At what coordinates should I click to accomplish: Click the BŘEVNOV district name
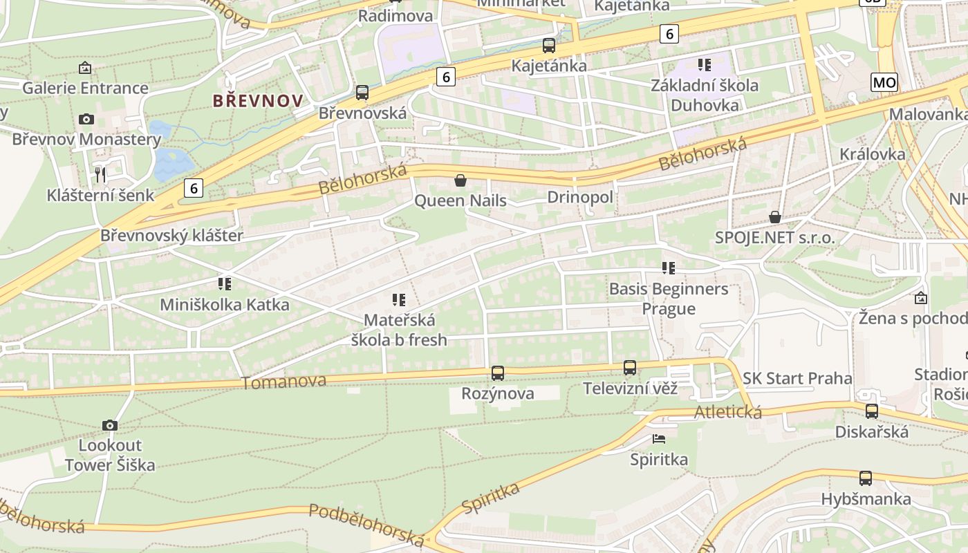[257, 101]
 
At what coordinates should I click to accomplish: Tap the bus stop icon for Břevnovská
[362, 93]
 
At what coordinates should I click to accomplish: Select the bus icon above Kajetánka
[549, 46]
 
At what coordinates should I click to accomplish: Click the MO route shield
[884, 83]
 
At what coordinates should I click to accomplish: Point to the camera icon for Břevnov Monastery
[86, 119]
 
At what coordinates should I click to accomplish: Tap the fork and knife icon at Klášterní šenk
[101, 175]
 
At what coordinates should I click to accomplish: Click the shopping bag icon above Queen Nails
[460, 181]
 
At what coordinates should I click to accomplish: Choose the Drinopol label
[580, 197]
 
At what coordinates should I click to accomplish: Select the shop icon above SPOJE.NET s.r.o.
[775, 217]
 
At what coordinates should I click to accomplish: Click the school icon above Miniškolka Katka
[224, 283]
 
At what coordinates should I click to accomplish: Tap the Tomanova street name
[283, 382]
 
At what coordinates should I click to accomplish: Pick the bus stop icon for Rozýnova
[498, 373]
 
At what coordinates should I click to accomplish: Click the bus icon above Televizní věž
[630, 368]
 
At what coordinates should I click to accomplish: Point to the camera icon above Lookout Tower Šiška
[109, 425]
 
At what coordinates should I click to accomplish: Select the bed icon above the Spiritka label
[659, 438]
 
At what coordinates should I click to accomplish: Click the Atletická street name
[728, 413]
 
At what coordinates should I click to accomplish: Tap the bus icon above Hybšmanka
[866, 478]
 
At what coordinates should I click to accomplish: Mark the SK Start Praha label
[797, 378]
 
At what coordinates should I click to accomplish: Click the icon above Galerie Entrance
[85, 68]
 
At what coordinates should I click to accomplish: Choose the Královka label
[873, 153]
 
